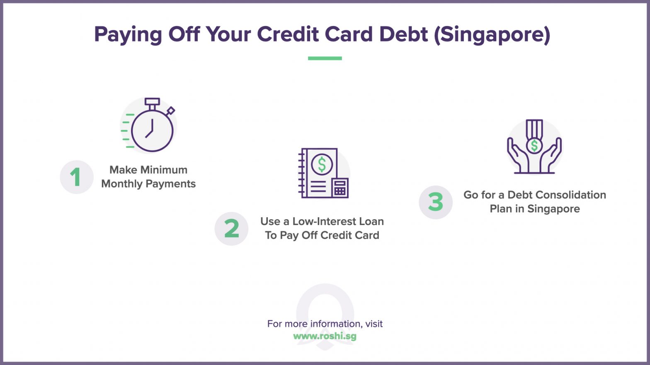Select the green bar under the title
325,58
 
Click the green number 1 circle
76,177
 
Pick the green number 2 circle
231,228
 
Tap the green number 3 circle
435,202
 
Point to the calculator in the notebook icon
340,188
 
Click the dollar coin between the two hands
534,145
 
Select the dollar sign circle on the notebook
322,164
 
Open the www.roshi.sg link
325,336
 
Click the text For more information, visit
325,324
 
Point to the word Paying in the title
128,34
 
